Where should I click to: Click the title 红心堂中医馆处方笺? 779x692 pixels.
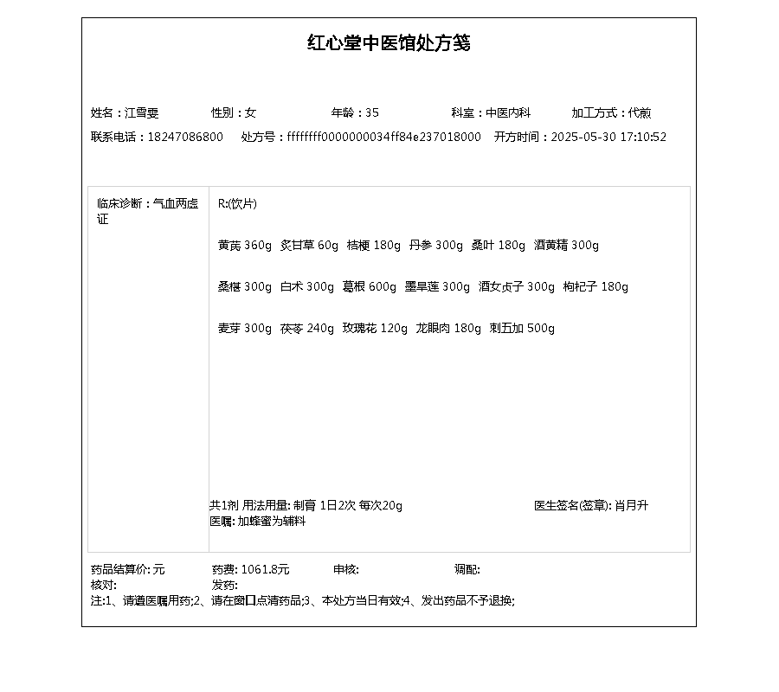click(x=389, y=43)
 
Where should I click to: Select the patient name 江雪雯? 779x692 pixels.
click(x=142, y=112)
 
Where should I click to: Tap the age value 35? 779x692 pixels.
click(x=372, y=112)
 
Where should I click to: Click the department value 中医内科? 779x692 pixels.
click(x=507, y=112)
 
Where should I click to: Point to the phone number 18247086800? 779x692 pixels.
click(x=185, y=137)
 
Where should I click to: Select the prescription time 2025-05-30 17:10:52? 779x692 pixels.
click(x=608, y=137)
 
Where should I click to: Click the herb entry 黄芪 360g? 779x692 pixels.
click(x=244, y=245)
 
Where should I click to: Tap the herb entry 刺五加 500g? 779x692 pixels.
click(x=522, y=328)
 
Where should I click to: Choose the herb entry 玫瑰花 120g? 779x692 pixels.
click(x=374, y=328)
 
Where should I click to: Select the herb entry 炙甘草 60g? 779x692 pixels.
click(x=309, y=245)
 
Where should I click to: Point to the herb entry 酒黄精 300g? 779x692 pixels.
click(x=566, y=245)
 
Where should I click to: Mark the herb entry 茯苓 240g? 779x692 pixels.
click(x=306, y=328)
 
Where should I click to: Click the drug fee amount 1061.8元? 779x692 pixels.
click(x=265, y=569)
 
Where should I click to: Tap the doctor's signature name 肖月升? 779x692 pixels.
click(x=631, y=505)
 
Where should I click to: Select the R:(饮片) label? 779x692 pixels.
click(x=237, y=203)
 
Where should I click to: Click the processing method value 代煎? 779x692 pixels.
click(x=640, y=112)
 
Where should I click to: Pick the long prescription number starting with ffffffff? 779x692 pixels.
click(x=383, y=137)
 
